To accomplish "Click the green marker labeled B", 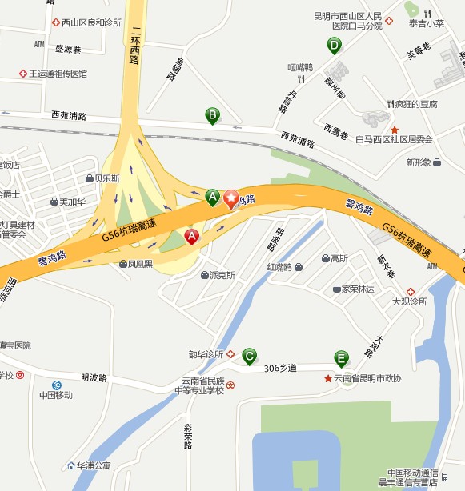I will point(213,116).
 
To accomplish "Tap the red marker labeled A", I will point(192,237).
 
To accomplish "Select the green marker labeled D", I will point(335,46).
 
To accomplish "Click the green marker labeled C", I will point(250,355).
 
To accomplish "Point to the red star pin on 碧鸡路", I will point(231,198).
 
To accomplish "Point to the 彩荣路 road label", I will point(188,436).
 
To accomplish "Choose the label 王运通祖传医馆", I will point(58,74).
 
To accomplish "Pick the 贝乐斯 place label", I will point(107,178).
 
